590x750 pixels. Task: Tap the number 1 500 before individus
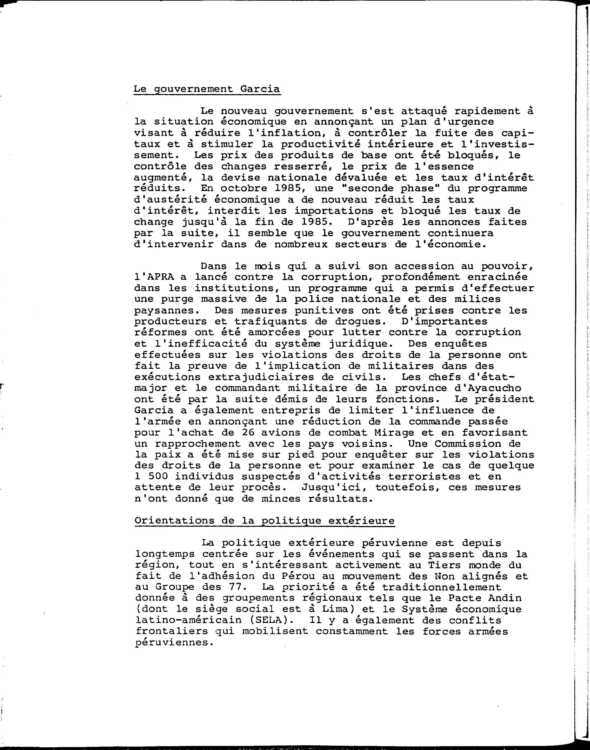[x=150, y=476]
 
